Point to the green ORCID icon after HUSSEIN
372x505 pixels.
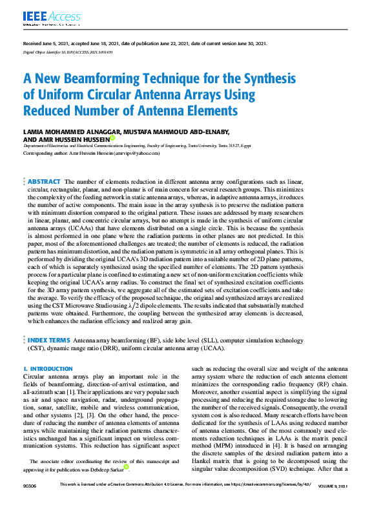[112, 138]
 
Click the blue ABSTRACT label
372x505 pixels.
[44, 181]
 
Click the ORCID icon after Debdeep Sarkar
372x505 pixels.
[127, 466]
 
